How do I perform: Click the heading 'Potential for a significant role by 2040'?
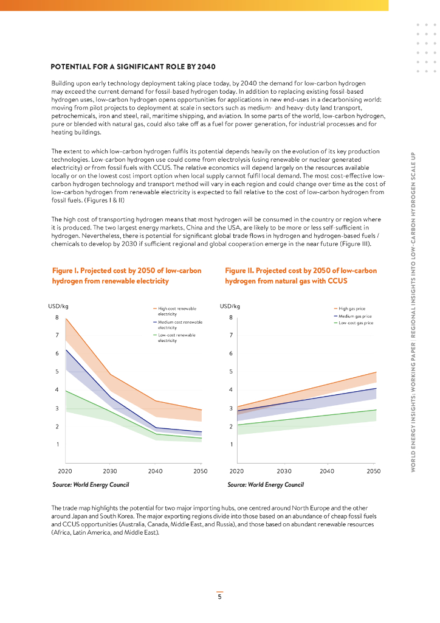point(132,66)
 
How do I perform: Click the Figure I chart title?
point(126,276)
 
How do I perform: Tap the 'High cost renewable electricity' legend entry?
point(177,311)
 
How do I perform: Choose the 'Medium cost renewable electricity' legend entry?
point(180,324)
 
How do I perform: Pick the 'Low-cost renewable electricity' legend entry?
point(177,338)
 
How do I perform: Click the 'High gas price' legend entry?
point(352,309)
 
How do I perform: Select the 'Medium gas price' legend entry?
point(355,316)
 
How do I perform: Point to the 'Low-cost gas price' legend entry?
point(356,323)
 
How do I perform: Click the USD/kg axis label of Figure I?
point(58,305)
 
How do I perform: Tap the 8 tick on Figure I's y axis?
point(57,317)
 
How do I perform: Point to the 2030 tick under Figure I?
point(110,471)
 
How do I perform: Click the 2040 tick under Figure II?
point(327,471)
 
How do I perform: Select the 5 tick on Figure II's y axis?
point(231,371)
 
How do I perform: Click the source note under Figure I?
point(91,485)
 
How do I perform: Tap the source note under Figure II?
point(266,485)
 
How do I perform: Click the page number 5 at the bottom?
point(220,597)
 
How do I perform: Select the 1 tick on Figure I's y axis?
point(57,444)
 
